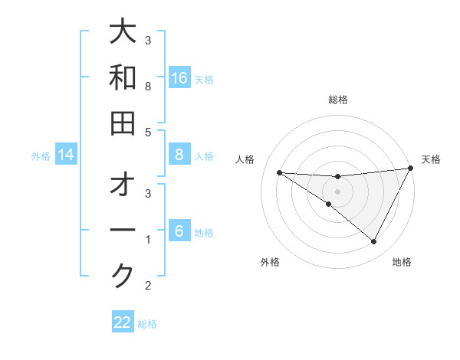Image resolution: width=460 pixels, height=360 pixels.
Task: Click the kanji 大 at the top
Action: [123, 34]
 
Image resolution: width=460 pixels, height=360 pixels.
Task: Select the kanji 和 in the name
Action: [123, 78]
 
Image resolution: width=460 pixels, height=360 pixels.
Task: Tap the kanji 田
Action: [123, 123]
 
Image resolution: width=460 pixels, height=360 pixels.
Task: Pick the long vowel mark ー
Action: [123, 231]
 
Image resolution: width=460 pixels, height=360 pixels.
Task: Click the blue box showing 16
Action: [179, 78]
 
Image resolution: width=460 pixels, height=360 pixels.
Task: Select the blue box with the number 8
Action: [179, 155]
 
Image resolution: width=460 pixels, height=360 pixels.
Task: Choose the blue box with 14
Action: [66, 155]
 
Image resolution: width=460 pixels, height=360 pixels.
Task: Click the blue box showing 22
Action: [123, 322]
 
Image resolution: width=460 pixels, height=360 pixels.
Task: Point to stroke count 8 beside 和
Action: [148, 87]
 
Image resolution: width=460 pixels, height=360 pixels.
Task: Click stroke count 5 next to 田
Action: [148, 132]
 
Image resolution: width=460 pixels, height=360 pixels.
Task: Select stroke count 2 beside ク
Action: [148, 286]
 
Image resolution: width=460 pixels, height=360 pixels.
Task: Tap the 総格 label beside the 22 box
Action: [147, 324]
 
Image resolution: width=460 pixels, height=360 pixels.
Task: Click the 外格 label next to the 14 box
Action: [41, 156]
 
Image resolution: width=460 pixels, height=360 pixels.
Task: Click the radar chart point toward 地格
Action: [374, 242]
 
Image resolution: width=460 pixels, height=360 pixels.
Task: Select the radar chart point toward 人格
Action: [279, 172]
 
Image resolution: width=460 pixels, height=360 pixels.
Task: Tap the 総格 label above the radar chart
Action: [338, 100]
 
